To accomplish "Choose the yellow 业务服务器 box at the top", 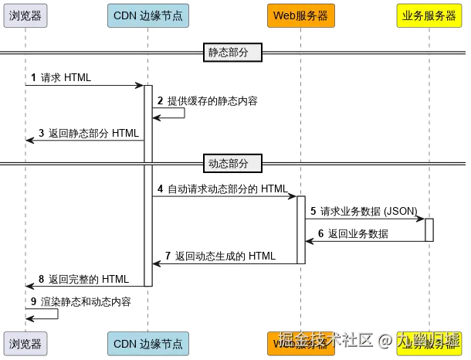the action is [429, 17].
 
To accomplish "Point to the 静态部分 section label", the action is [232, 53].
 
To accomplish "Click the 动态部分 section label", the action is [232, 164].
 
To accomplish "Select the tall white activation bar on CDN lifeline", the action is [147, 185].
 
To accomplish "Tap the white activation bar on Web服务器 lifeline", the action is [302, 229].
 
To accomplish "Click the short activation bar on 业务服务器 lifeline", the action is [429, 229].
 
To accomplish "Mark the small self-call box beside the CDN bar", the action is [171, 116].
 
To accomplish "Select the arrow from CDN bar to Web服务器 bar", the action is [224, 195].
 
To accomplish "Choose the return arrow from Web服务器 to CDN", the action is [224, 264].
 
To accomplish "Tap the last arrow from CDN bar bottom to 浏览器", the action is [85, 287].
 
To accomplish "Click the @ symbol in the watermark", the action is [385, 339].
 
